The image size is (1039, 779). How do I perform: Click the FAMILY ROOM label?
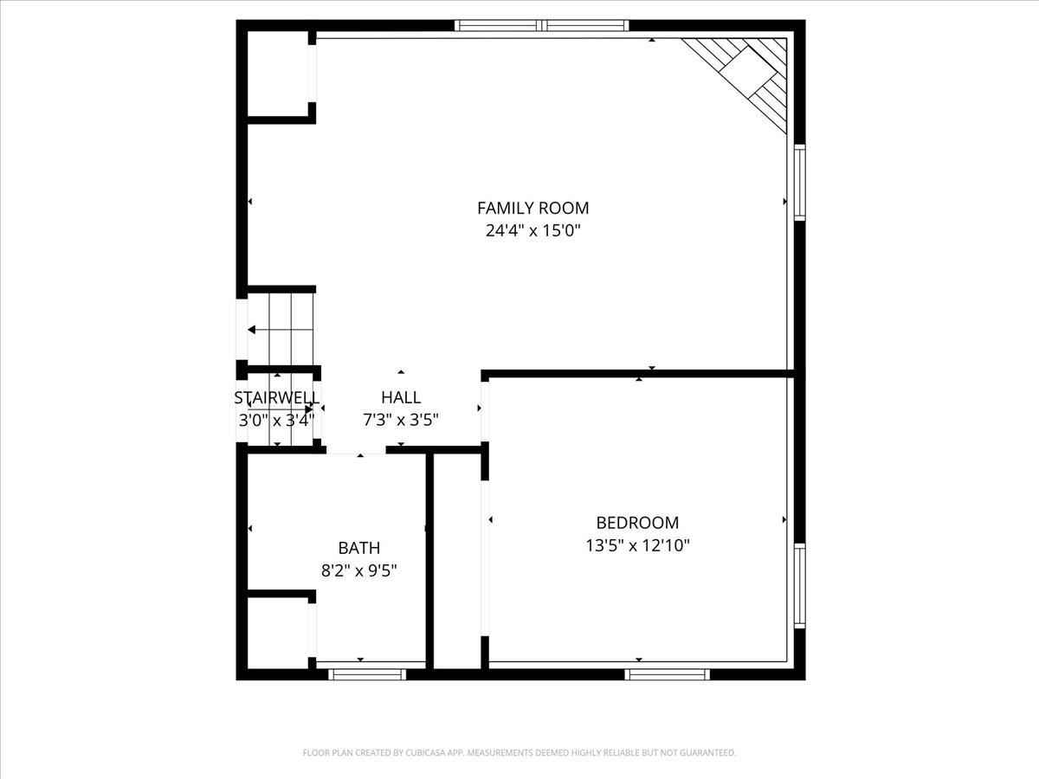click(533, 208)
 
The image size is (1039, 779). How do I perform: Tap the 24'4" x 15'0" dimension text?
click(533, 231)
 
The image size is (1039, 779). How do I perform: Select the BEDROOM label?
click(637, 523)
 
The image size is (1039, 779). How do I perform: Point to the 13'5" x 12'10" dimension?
click(637, 546)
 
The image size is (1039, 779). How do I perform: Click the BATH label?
click(359, 548)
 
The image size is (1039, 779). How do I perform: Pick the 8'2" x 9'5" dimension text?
click(359, 571)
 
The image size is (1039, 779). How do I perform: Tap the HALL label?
click(401, 397)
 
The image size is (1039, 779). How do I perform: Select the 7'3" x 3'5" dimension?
click(401, 420)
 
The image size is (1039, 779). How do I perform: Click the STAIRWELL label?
click(277, 398)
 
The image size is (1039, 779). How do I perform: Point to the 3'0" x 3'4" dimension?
click(277, 420)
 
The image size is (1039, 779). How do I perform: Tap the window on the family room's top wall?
click(542, 26)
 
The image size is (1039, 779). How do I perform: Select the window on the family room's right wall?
click(799, 183)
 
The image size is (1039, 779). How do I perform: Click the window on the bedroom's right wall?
click(799, 586)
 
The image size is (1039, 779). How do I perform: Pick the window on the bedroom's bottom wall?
click(668, 674)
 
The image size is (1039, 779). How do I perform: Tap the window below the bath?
click(367, 674)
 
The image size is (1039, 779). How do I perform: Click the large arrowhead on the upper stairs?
click(252, 330)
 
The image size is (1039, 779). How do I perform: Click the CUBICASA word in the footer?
click(425, 752)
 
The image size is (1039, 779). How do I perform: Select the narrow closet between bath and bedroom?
click(457, 562)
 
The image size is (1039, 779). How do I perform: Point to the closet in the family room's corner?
click(278, 74)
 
